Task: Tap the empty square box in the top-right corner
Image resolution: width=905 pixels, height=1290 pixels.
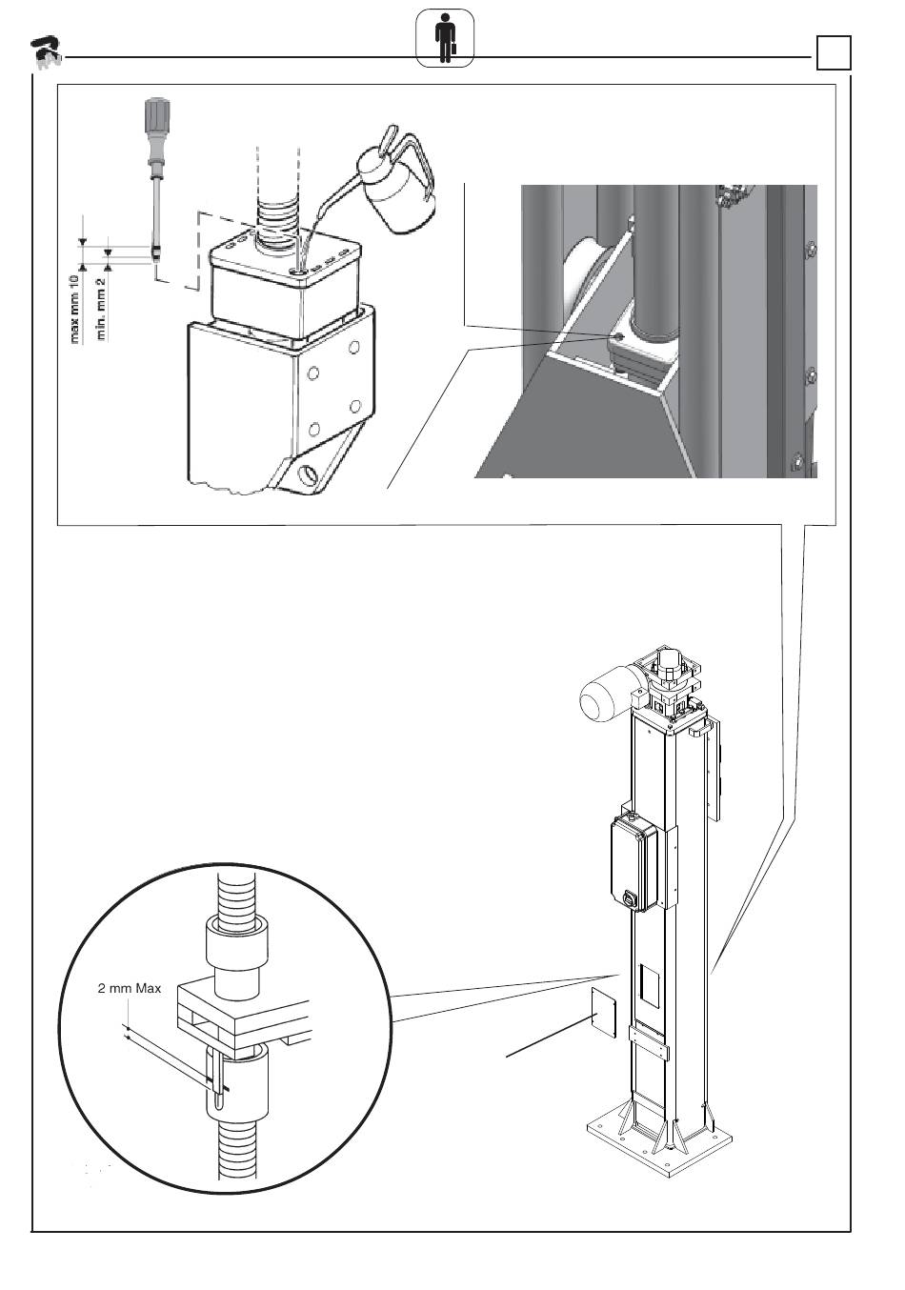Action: [x=833, y=53]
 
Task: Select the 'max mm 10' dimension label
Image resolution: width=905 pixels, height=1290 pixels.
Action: [x=75, y=308]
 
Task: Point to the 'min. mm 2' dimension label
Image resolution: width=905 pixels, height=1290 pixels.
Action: [x=100, y=308]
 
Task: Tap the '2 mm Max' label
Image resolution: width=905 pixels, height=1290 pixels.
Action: [x=130, y=988]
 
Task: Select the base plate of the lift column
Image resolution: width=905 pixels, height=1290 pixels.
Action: [x=658, y=1148]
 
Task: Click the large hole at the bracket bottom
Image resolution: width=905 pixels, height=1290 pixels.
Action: [x=309, y=474]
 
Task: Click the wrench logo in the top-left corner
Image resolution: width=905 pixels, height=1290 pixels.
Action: [x=44, y=52]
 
